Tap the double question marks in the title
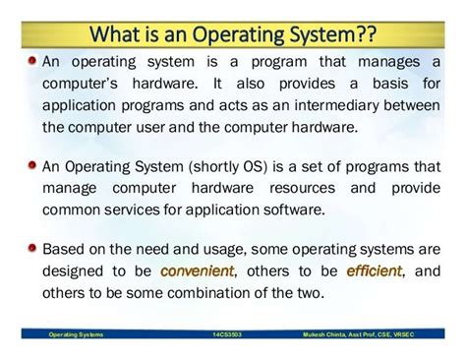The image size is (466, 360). click(x=365, y=36)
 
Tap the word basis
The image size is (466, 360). click(x=388, y=85)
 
